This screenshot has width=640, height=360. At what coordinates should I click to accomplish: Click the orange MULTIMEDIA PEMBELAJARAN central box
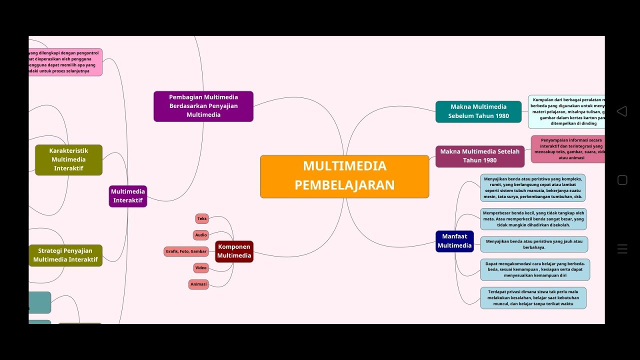[344, 176]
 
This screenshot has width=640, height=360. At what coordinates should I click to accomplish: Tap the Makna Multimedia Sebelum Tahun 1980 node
[478, 111]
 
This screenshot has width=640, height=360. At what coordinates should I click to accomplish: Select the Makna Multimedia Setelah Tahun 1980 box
[480, 156]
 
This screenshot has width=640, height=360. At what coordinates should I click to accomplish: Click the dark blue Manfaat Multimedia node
[454, 241]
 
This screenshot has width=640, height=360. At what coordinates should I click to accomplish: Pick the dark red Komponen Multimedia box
[234, 251]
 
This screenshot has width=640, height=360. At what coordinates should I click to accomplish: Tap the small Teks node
[202, 218]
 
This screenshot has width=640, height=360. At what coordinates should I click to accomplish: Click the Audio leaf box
[201, 235]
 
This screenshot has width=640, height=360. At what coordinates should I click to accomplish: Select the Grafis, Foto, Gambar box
[186, 251]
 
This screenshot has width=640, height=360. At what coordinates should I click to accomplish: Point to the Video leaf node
[201, 268]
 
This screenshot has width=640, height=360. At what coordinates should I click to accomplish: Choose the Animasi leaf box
[198, 284]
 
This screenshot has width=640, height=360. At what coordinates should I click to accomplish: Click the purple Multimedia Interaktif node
[128, 196]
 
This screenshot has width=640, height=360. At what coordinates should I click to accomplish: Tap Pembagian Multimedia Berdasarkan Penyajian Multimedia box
[203, 106]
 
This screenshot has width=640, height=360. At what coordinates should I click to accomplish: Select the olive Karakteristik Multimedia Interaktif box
[68, 159]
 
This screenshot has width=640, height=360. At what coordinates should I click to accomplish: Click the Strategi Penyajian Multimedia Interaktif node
[65, 255]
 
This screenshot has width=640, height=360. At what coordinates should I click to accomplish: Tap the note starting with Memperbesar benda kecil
[533, 219]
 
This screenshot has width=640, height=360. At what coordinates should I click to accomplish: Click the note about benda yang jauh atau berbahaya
[534, 244]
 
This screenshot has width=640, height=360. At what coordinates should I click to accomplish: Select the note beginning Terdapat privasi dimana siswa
[533, 297]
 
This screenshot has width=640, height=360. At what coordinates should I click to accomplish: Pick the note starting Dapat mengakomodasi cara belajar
[535, 269]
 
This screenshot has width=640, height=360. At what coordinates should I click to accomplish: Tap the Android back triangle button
[622, 111]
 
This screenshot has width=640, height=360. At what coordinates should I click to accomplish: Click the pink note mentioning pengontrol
[65, 62]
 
